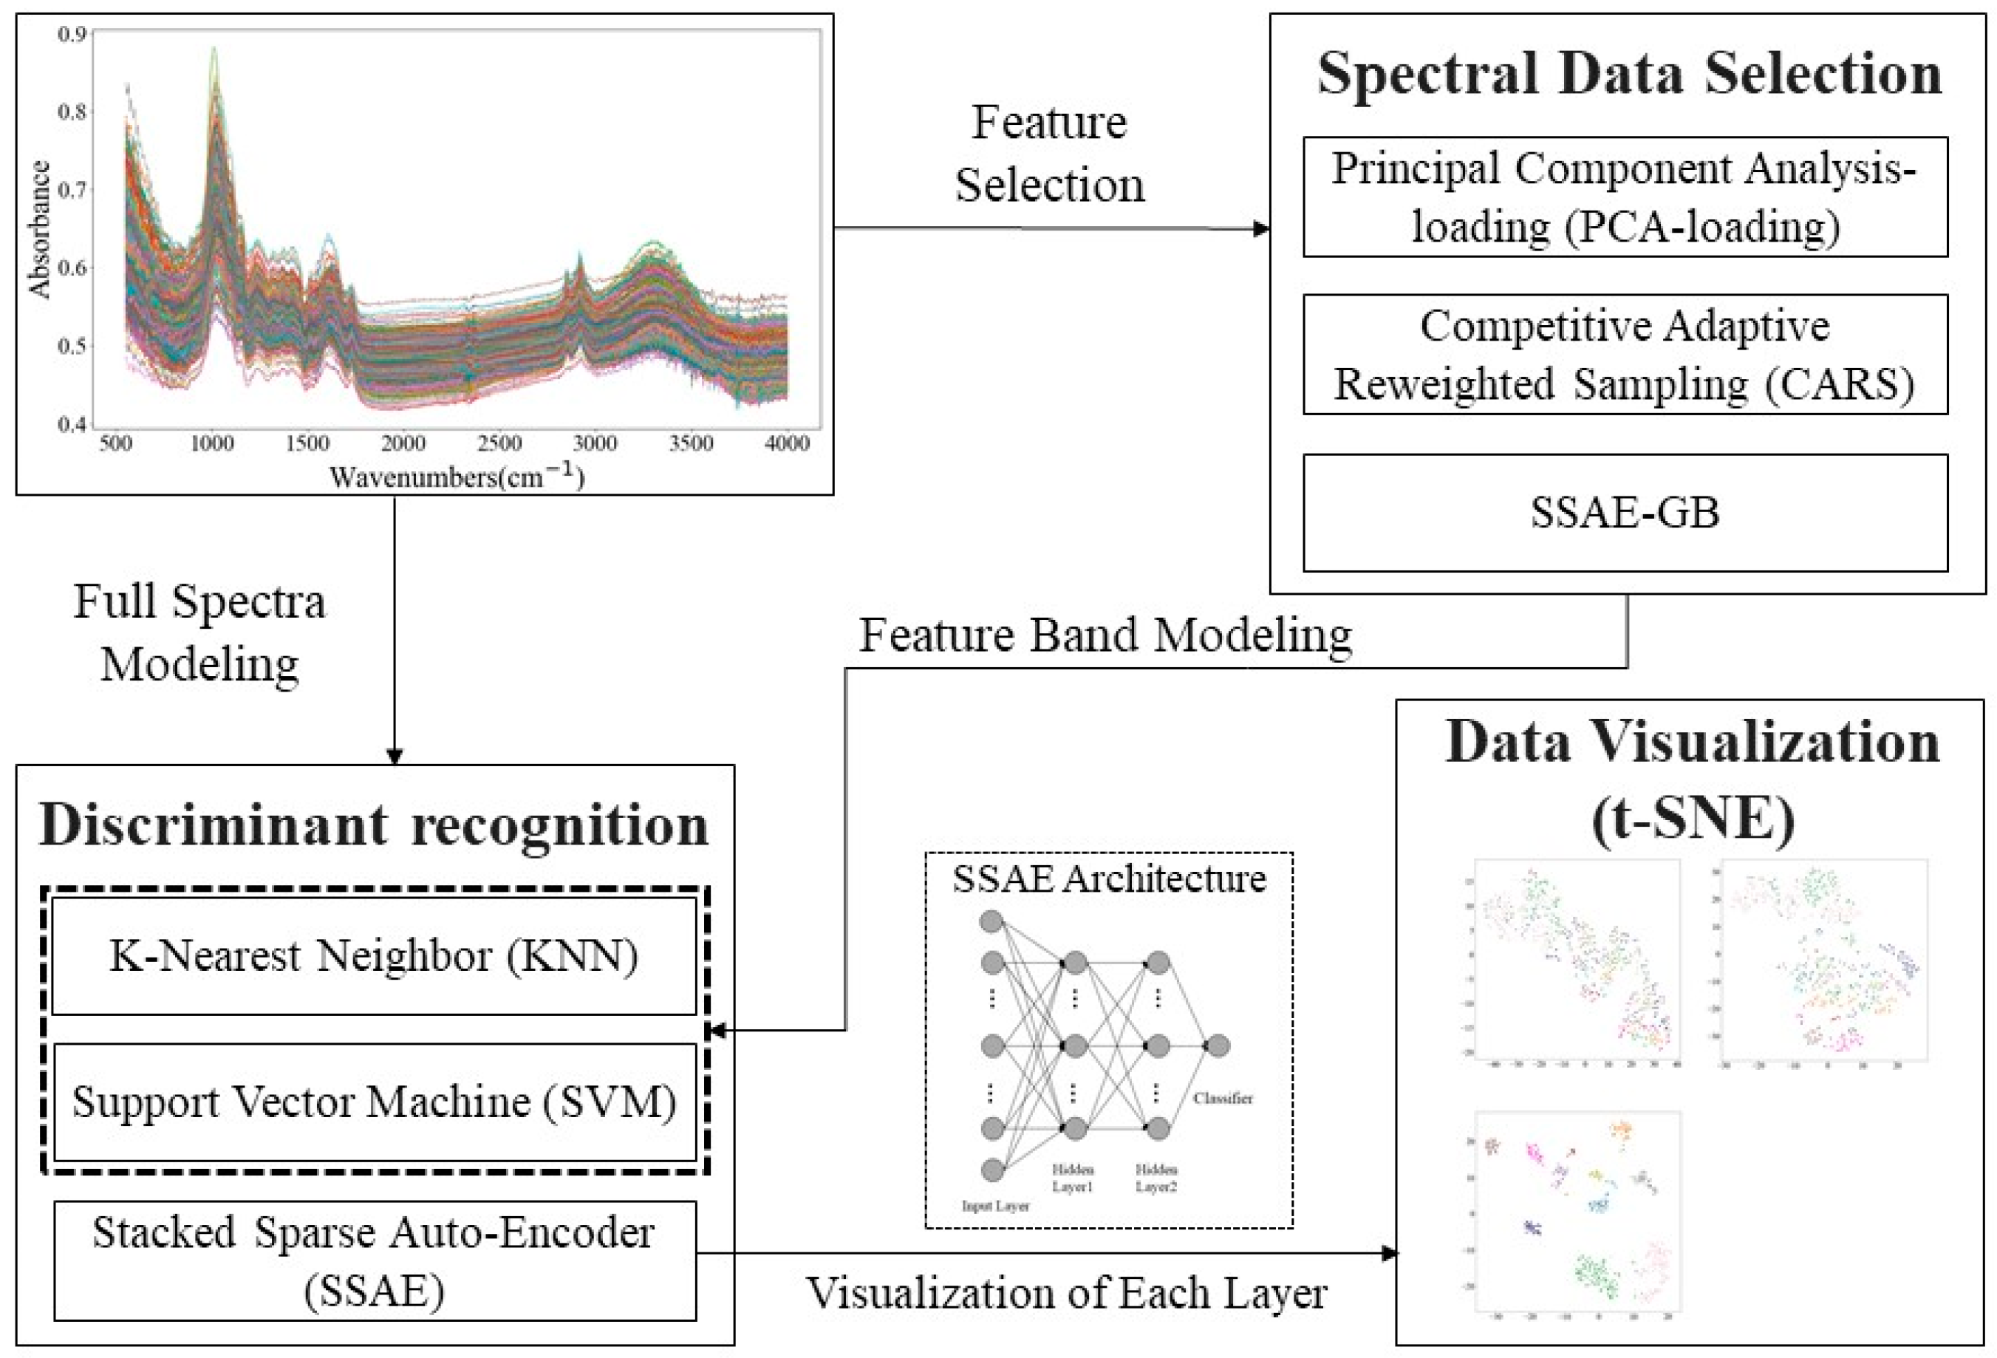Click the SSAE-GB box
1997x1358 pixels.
(1625, 512)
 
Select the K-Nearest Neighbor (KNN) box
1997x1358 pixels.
(374, 956)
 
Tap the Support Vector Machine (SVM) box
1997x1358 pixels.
(374, 1102)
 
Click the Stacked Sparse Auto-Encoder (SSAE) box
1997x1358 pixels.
(374, 1261)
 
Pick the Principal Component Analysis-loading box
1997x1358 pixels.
(1625, 197)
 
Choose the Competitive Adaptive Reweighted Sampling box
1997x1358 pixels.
(1625, 354)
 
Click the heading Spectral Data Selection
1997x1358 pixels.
(1629, 74)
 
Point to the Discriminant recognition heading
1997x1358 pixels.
(374, 825)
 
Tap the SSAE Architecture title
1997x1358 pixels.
(1108, 879)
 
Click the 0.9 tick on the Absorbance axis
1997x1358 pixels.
(72, 35)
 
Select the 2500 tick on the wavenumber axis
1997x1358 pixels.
(499, 443)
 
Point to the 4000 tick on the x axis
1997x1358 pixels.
(787, 443)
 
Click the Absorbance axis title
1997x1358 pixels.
(40, 230)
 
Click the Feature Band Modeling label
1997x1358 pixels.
(1106, 635)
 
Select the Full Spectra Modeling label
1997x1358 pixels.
(199, 632)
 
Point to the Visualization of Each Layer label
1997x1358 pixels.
(1066, 1294)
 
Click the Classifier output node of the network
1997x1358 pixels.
(1217, 1046)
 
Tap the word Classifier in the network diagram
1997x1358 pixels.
(1223, 1099)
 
